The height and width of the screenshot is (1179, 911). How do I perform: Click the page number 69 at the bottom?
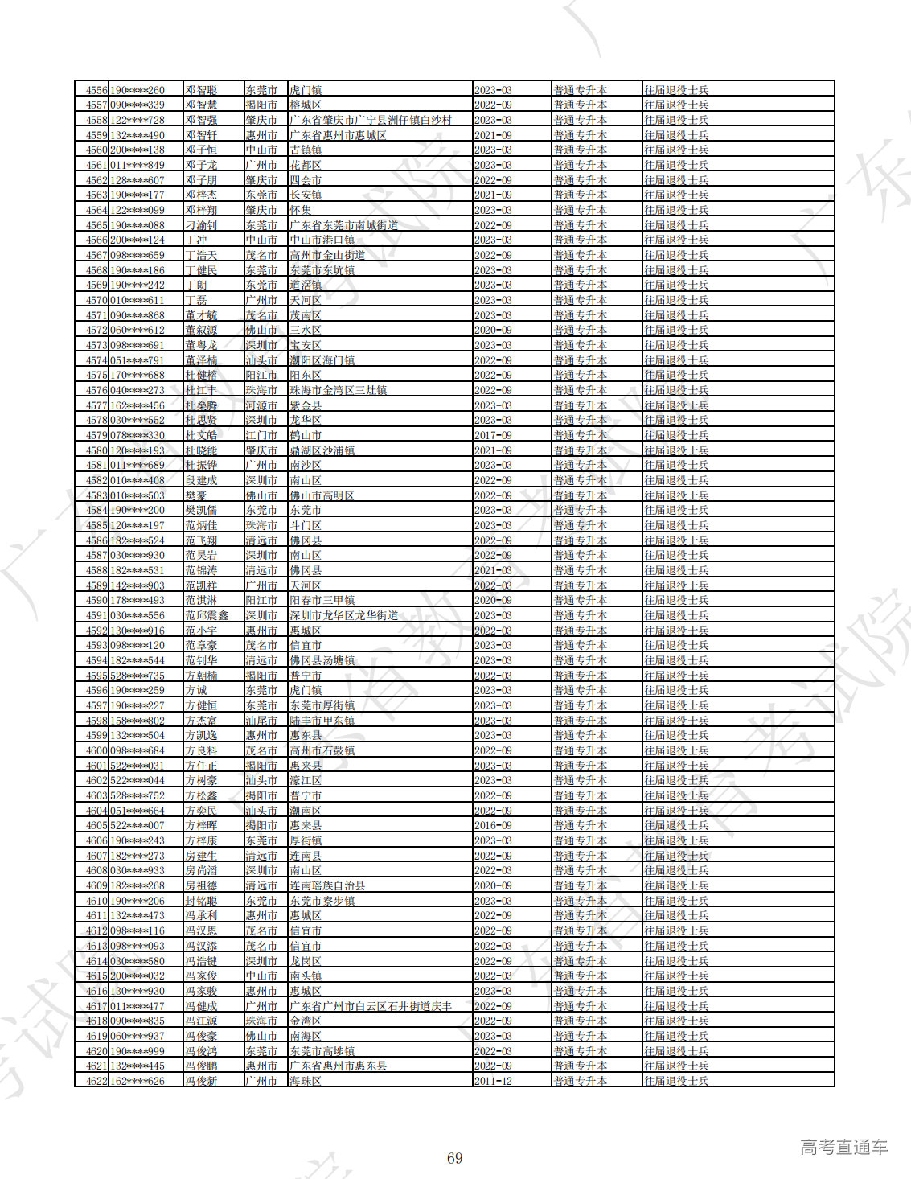pyautogui.click(x=454, y=1158)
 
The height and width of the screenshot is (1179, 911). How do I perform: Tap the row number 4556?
pyautogui.click(x=96, y=90)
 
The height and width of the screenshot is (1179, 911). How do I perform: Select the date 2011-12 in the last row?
pyautogui.click(x=493, y=1081)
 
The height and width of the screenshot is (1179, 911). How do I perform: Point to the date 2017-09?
pyautogui.click(x=493, y=435)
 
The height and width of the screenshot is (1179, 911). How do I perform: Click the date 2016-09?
pyautogui.click(x=493, y=825)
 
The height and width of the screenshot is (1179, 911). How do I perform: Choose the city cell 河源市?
pyautogui.click(x=261, y=405)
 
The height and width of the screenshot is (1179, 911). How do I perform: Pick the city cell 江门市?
pyautogui.click(x=261, y=435)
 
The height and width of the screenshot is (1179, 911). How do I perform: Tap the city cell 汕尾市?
pyautogui.click(x=261, y=721)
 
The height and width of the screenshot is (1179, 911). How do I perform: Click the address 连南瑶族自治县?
pyautogui.click(x=327, y=885)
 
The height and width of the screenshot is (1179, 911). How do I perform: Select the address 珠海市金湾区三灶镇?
pyautogui.click(x=338, y=390)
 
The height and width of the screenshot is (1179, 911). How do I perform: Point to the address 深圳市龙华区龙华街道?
pyautogui.click(x=343, y=615)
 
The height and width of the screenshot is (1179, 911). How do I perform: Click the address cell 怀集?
pyautogui.click(x=301, y=210)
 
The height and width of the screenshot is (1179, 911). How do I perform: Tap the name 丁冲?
pyautogui.click(x=196, y=240)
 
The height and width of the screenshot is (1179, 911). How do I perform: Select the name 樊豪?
pyautogui.click(x=196, y=495)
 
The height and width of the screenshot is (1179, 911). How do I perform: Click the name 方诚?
pyautogui.click(x=196, y=690)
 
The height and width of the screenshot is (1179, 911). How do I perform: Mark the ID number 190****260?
pyautogui.click(x=137, y=90)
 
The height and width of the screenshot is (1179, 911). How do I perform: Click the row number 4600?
pyautogui.click(x=96, y=750)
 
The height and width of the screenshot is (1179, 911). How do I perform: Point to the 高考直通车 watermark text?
pyautogui.click(x=843, y=1147)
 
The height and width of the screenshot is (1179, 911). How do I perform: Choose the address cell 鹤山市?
pyautogui.click(x=306, y=435)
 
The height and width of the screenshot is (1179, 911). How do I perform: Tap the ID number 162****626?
pyautogui.click(x=137, y=1081)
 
